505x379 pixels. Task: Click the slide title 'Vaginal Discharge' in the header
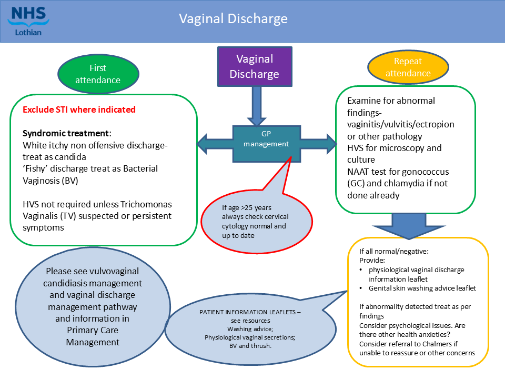click(233, 19)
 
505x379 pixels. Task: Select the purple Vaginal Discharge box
click(254, 66)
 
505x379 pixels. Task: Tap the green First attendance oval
click(97, 74)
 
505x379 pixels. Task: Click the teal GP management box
click(267, 139)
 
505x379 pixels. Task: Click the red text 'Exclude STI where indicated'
click(79, 109)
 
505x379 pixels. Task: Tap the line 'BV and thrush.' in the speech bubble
click(250, 346)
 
